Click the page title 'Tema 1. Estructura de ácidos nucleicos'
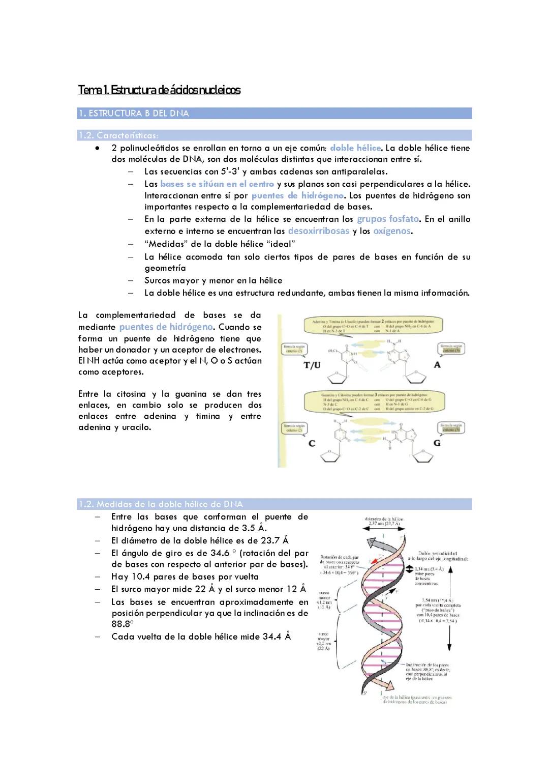pos(159,91)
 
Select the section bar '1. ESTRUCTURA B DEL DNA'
pos(274,113)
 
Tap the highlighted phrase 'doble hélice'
pos(355,148)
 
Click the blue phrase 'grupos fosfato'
pos(388,219)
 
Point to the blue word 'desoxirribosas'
pos(319,231)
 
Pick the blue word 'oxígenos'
pos(391,231)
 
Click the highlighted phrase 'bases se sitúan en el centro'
pos(217,184)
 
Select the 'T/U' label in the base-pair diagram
pos(312,365)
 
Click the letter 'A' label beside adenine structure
pos(437,365)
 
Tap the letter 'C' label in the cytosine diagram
pos(312,443)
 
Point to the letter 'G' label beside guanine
pos(437,443)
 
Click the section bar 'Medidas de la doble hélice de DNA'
pos(274,504)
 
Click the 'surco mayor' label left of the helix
pos(324,641)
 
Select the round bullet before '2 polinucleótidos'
pos(97,148)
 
